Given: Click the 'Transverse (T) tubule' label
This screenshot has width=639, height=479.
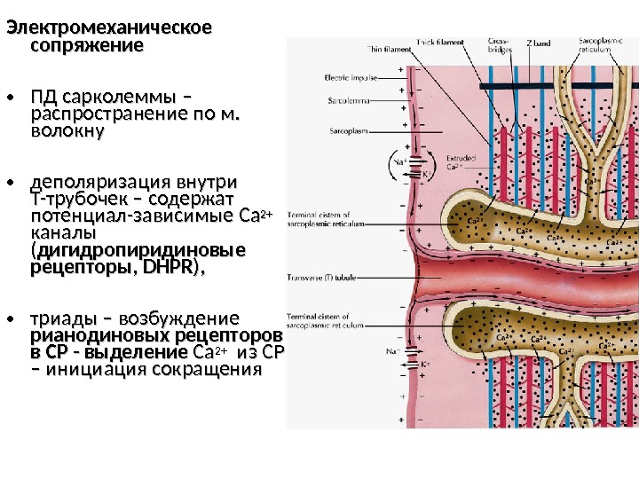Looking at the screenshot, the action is tap(321, 278).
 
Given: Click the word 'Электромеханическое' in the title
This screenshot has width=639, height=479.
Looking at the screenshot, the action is tap(110, 27).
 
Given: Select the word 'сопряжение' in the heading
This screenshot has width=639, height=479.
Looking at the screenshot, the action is tap(86, 44).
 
